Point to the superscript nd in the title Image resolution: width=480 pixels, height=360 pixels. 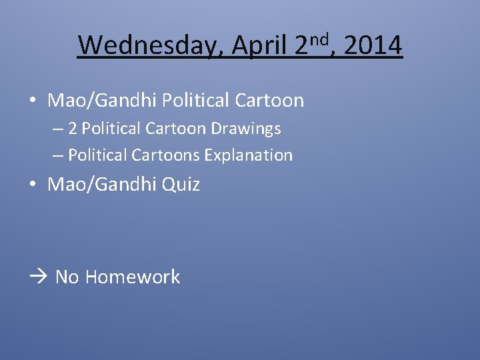[x=320, y=39]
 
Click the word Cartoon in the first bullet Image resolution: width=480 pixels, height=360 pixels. [x=269, y=101]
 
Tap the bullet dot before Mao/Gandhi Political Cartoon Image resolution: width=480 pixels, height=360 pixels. [x=32, y=101]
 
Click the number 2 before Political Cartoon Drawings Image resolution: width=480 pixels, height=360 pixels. [x=73, y=128]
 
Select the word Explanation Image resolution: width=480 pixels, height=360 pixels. [x=248, y=155]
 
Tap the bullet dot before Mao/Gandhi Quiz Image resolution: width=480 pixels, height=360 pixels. [x=32, y=185]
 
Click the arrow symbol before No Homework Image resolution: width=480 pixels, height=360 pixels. [x=39, y=277]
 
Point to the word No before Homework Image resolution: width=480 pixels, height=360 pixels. [x=67, y=277]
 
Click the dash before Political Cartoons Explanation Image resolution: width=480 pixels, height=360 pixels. [x=58, y=155]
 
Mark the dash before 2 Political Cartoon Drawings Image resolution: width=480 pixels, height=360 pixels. [x=58, y=128]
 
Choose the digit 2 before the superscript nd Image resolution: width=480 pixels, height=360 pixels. [x=301, y=46]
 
